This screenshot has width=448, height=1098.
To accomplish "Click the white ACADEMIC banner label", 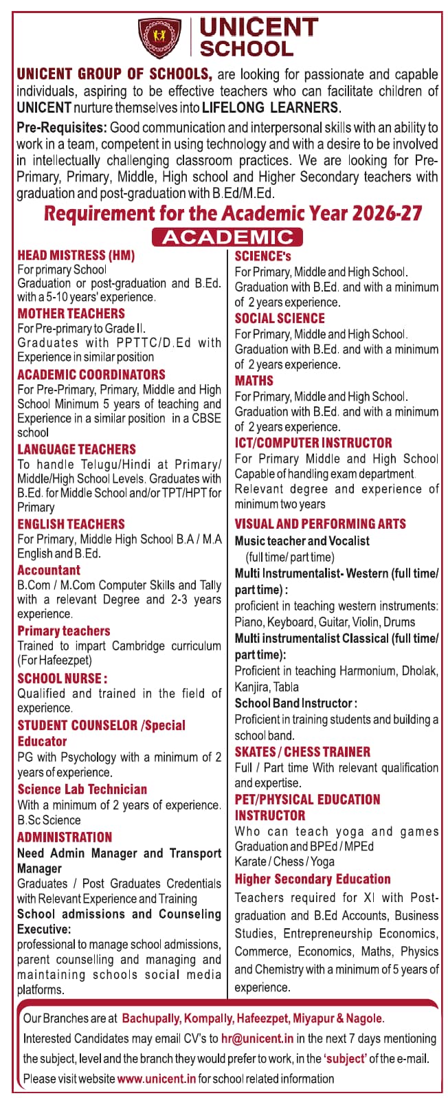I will [227, 237].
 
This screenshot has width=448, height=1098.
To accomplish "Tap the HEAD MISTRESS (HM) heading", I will [76, 256].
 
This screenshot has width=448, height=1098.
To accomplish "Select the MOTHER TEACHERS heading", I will [71, 314].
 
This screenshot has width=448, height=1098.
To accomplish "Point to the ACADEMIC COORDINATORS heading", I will [91, 375].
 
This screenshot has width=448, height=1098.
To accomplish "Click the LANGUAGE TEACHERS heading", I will [76, 449].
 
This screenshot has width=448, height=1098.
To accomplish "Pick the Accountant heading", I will [49, 570].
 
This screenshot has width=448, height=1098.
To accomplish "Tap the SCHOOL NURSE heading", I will [62, 679].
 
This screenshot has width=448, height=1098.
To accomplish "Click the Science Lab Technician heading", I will [82, 789].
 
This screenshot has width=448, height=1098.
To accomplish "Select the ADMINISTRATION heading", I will [65, 837].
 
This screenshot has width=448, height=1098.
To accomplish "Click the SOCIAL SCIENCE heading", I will [280, 318].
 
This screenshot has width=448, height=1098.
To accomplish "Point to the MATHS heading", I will [254, 380].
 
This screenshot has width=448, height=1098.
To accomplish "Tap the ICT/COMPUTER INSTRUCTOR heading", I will [313, 443].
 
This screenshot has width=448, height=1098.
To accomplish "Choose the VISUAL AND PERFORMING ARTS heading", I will [320, 524].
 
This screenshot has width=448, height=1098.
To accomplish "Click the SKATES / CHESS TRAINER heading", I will [302, 751].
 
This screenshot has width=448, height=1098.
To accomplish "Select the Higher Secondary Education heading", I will [313, 879].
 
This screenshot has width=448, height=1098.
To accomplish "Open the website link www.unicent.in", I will [157, 1079].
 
